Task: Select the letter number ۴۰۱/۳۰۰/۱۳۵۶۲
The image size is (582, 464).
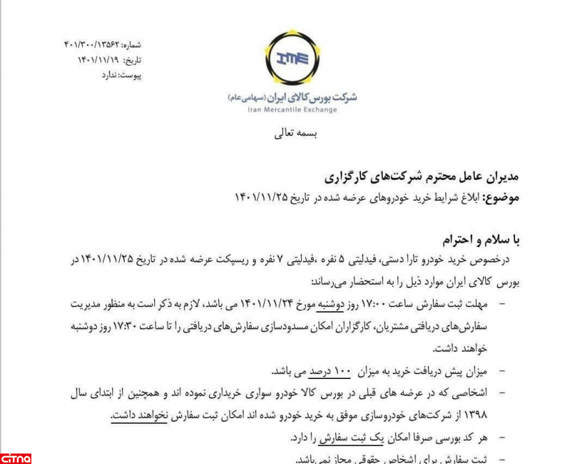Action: (93, 44)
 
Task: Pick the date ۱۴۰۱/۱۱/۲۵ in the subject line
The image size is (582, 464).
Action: (263, 197)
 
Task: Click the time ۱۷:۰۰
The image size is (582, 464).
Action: (374, 304)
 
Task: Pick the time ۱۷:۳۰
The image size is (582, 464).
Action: (140, 326)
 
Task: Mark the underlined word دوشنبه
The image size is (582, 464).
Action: (332, 304)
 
